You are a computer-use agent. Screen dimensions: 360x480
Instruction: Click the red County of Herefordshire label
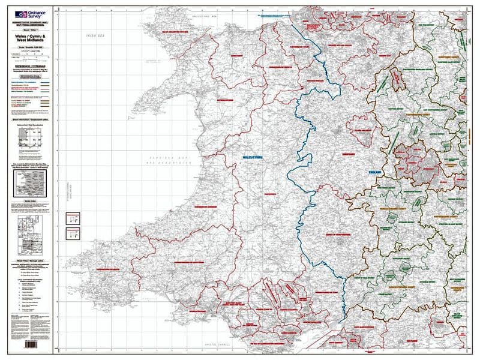point(337,234)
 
